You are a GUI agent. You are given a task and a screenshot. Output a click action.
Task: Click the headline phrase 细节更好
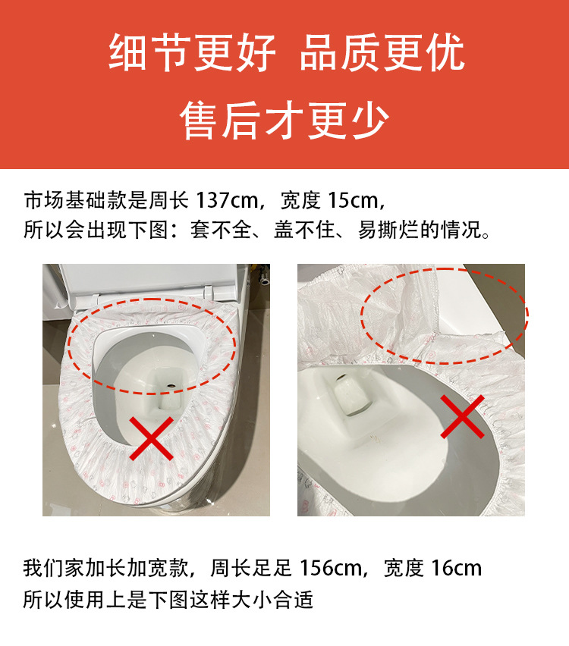tap(191, 54)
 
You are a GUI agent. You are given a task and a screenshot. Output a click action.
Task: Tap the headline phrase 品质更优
tap(382, 54)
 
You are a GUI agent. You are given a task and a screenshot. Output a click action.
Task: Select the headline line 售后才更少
tap(284, 120)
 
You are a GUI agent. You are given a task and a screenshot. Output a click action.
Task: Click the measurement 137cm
tap(228, 201)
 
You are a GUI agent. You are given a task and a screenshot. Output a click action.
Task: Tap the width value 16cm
tap(456, 568)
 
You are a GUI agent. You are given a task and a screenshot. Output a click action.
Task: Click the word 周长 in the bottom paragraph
tap(234, 568)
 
